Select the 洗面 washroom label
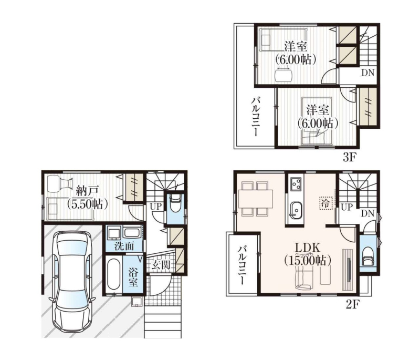click(x=124, y=246)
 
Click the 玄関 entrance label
click(x=161, y=265)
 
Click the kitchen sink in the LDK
click(x=296, y=210)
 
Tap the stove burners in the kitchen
click(x=296, y=183)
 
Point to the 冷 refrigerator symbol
click(x=325, y=203)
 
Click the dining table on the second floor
click(x=255, y=199)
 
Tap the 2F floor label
click(x=352, y=304)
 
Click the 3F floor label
click(x=349, y=158)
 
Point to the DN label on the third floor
click(x=367, y=73)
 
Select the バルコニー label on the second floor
click(x=243, y=265)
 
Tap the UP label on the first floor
click(x=156, y=207)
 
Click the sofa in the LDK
click(x=304, y=279)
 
